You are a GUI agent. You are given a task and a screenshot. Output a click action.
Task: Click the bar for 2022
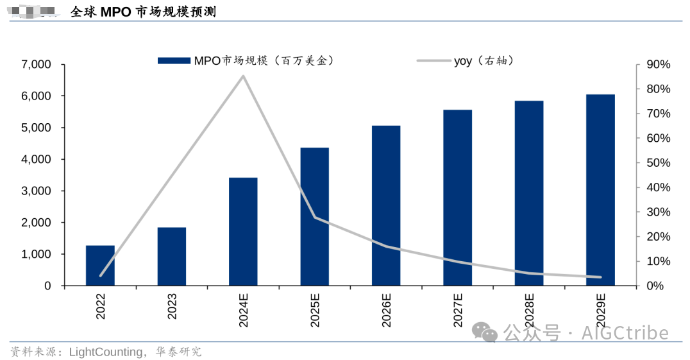click(100, 266)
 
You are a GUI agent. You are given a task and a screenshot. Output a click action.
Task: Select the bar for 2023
click(171, 257)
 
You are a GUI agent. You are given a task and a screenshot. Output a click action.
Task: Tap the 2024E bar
click(243, 232)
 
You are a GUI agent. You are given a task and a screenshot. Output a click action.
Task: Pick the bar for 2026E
click(386, 205)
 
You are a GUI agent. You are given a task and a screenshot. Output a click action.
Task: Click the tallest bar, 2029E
click(600, 190)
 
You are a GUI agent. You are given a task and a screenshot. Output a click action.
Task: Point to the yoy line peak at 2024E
click(243, 76)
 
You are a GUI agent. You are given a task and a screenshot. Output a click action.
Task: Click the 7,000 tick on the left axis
click(36, 65)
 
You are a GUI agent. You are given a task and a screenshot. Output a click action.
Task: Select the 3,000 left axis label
click(36, 191)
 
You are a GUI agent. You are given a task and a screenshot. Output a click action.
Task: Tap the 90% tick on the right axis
click(657, 65)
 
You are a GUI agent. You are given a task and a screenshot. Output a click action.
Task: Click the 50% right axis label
click(657, 163)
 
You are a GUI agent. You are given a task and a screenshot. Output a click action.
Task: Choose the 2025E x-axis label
click(315, 311)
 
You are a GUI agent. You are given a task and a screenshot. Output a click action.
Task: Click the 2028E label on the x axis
click(529, 311)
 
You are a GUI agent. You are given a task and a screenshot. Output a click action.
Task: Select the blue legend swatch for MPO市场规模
click(174, 61)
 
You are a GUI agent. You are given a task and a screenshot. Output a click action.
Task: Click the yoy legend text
click(463, 61)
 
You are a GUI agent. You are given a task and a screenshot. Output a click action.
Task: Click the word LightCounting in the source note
click(105, 352)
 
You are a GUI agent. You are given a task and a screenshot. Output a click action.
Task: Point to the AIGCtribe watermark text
click(625, 333)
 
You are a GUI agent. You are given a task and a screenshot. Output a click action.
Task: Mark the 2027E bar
click(457, 198)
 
